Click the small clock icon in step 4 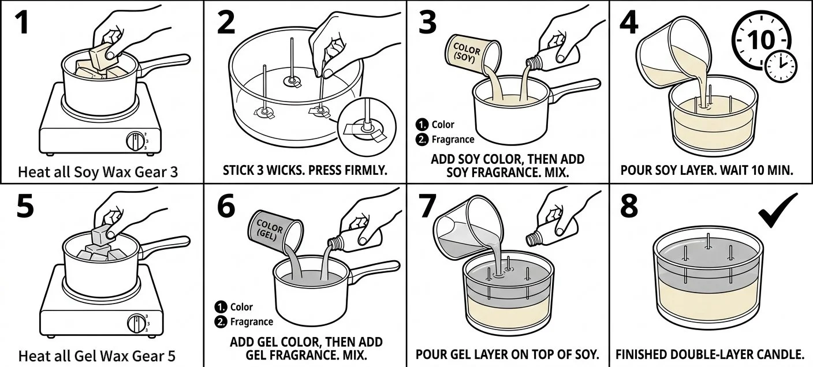(780, 65)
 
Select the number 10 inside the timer (761, 40)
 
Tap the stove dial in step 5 (136, 323)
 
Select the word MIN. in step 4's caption (780, 171)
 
